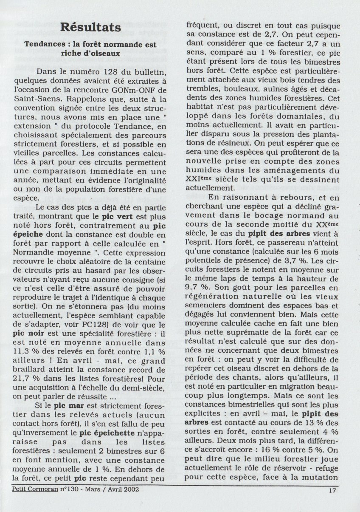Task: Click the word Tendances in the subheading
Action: [x=43, y=44]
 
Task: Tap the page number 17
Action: [x=333, y=489]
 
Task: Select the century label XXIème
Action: [x=202, y=178]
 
